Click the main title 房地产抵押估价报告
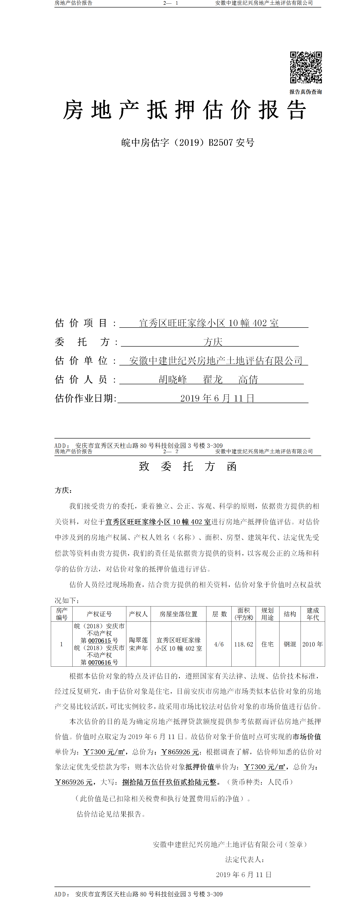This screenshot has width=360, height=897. coord(184,110)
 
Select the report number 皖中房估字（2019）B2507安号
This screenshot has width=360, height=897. coord(188,142)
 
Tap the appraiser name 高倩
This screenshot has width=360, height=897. coord(248,379)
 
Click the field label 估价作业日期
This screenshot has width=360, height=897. coord(85,398)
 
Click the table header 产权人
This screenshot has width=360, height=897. coord(138,614)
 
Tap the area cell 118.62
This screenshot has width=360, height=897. coord(243,644)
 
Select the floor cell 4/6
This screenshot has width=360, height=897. coord(219,644)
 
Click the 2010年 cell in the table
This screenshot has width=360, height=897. coord(312,644)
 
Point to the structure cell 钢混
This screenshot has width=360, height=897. coord(290,644)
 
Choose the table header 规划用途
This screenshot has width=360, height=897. coord(267,614)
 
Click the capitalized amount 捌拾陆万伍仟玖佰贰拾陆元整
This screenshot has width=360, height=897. coord(169,782)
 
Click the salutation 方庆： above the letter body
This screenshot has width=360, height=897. coord(63,490)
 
